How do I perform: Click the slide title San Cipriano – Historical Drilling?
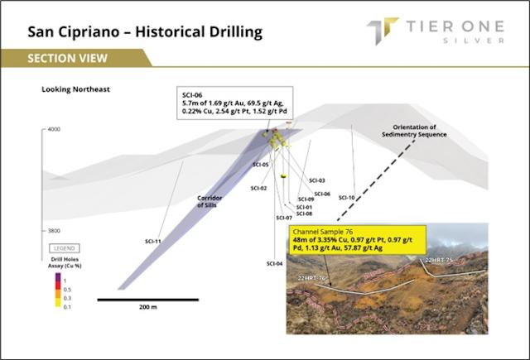click(x=145, y=32)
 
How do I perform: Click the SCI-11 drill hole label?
click(x=152, y=241)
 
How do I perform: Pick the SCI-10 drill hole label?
click(x=346, y=198)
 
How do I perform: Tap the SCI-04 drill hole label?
click(x=274, y=263)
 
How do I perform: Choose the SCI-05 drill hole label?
click(x=261, y=165)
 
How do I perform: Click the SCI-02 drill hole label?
click(x=258, y=188)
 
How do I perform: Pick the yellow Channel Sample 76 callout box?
click(x=356, y=240)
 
